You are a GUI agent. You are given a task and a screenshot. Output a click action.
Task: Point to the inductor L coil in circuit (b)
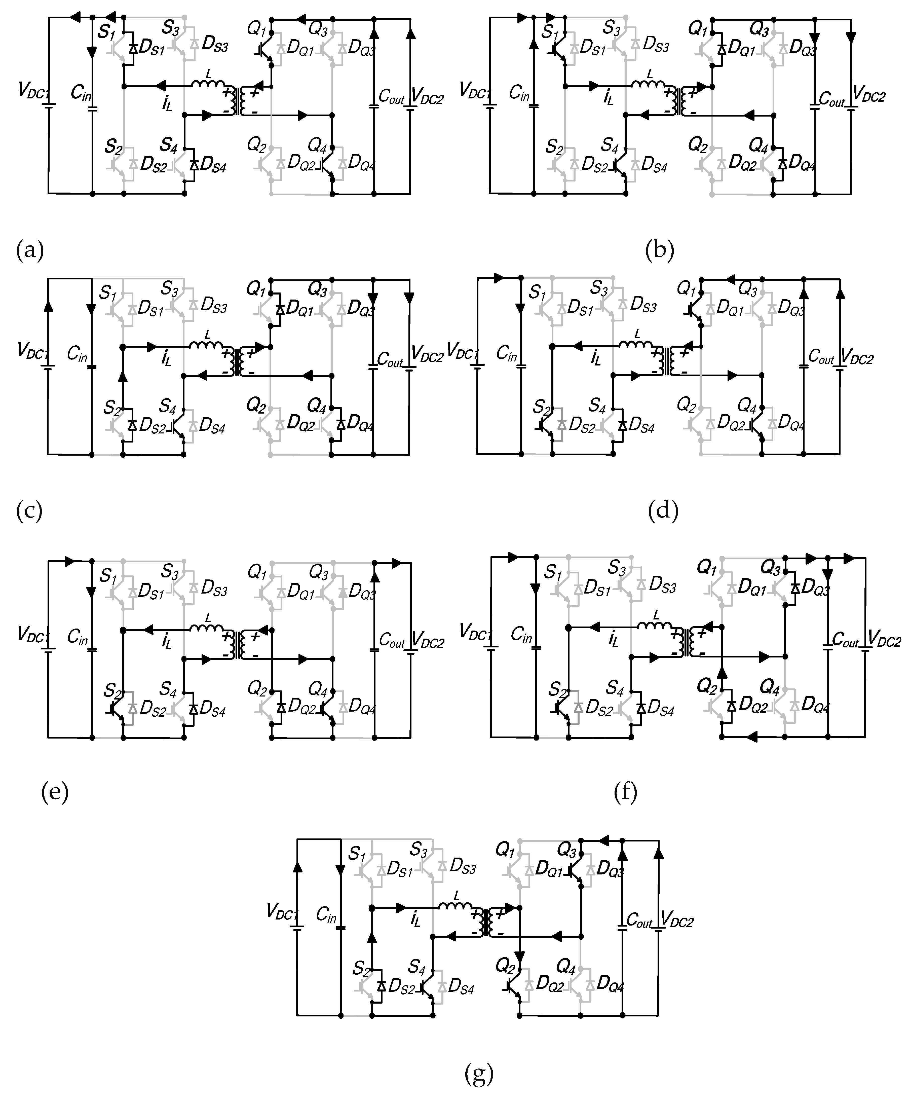[649, 85]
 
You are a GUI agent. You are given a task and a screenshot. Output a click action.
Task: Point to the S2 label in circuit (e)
[113, 690]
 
